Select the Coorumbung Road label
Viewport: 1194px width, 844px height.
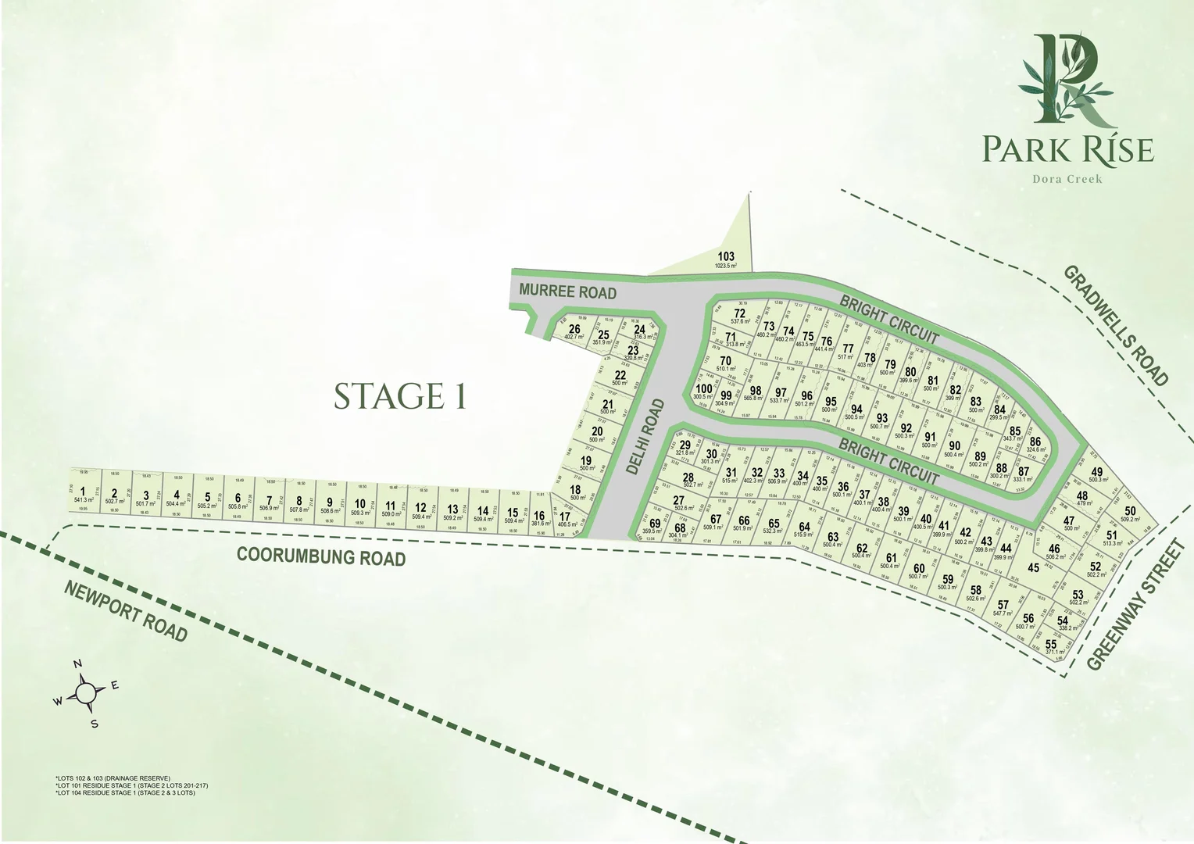point(321,556)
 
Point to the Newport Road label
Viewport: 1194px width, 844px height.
point(127,612)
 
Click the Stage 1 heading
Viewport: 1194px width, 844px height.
point(400,396)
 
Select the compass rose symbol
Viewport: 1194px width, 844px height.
point(86,692)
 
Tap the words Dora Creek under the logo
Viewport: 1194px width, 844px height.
point(1067,179)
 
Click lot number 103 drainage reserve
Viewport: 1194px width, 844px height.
point(726,257)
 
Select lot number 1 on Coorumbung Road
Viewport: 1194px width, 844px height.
point(82,491)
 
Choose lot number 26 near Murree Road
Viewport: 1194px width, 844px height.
point(574,329)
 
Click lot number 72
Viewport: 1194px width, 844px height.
point(739,313)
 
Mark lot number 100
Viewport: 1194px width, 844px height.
point(703,388)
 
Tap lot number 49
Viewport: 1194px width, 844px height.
point(1097,472)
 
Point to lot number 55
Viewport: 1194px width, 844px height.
point(1051,645)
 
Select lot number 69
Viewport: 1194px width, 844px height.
point(654,524)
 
